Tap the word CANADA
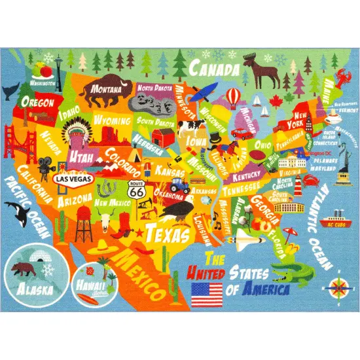tap(215, 67)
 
